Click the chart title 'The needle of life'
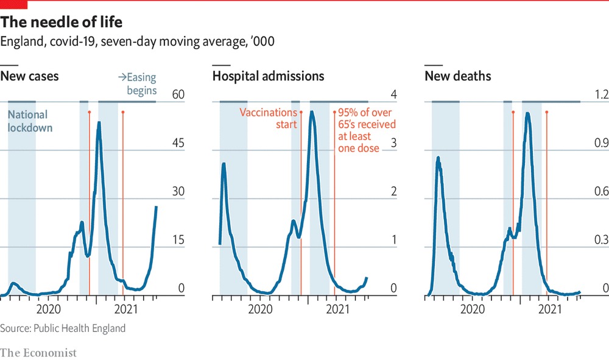[62, 23]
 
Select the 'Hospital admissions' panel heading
[268, 76]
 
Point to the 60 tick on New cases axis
[178, 94]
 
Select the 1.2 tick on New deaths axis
[601, 94]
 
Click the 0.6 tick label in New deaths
[601, 192]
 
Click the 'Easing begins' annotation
[137, 83]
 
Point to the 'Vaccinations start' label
[268, 118]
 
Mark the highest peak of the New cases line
[99, 123]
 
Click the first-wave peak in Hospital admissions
[224, 163]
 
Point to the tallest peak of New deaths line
[527, 113]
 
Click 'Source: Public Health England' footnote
[63, 328]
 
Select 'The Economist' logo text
[38, 353]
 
